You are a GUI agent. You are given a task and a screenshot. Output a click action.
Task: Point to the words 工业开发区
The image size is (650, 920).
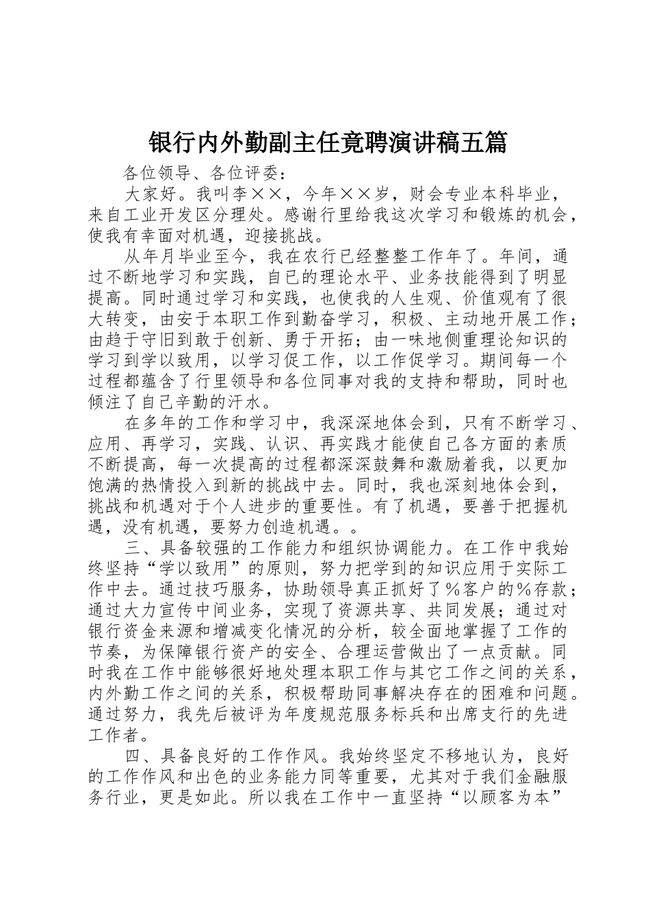click(x=194, y=216)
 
